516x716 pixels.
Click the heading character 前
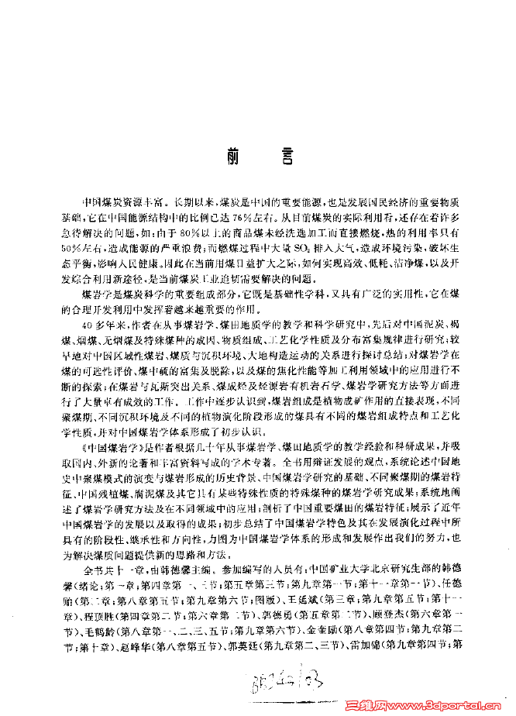[236, 153]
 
